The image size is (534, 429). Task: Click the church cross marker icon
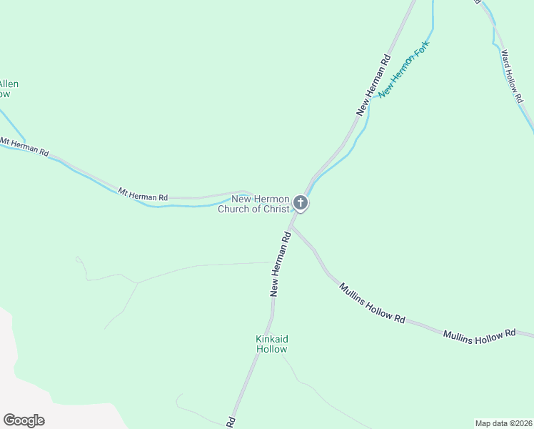pos(301,203)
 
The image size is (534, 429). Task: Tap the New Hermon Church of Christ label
pos(260,204)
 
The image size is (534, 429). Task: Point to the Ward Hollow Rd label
pos(510,77)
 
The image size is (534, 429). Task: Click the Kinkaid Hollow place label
pos(271,344)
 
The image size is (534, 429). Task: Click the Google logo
pos(24,420)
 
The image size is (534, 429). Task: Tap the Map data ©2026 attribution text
pos(503,423)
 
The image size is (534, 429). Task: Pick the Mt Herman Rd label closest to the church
pos(143,194)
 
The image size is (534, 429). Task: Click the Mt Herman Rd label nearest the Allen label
pos(25,147)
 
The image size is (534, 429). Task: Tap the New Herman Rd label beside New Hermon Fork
pos(374,85)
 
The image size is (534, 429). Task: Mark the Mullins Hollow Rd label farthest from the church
pos(479,334)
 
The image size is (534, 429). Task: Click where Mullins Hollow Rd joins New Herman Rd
pos(291,227)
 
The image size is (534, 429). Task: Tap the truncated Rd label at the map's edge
pos(231,423)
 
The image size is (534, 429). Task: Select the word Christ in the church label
pos(276,209)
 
